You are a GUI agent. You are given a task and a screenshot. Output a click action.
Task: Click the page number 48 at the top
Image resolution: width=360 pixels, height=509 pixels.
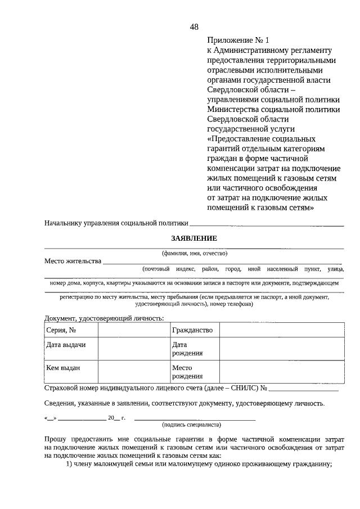[194, 26]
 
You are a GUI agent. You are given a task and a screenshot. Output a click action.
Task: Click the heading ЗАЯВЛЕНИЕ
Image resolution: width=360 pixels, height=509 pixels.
[194, 238]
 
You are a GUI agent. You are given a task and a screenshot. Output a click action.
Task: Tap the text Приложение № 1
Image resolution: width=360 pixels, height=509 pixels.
[238, 40]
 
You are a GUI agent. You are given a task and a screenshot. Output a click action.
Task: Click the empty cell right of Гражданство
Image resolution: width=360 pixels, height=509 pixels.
[281, 330]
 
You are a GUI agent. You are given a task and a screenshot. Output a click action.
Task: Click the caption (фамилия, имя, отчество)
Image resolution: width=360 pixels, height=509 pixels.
[194, 253]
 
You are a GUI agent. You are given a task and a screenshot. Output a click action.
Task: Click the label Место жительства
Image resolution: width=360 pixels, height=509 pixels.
[73, 261]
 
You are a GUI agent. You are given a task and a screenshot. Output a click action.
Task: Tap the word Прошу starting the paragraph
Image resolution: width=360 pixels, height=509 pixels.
[55, 438]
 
